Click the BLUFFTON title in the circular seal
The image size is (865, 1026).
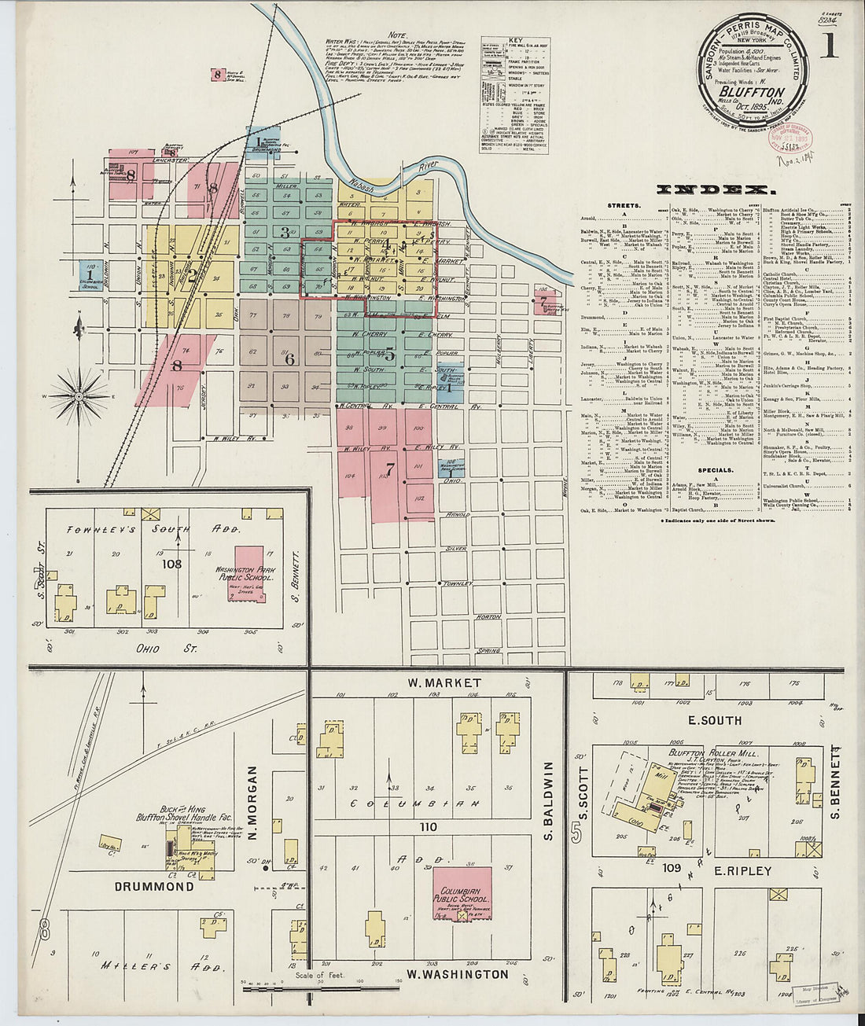click(745, 91)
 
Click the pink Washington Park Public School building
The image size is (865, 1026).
click(250, 575)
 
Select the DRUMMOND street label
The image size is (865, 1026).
click(154, 886)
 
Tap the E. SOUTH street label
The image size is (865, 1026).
click(715, 720)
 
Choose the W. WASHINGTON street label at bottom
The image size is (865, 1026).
click(457, 974)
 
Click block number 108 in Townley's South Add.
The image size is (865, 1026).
click(171, 564)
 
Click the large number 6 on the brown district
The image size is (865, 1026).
click(289, 359)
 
